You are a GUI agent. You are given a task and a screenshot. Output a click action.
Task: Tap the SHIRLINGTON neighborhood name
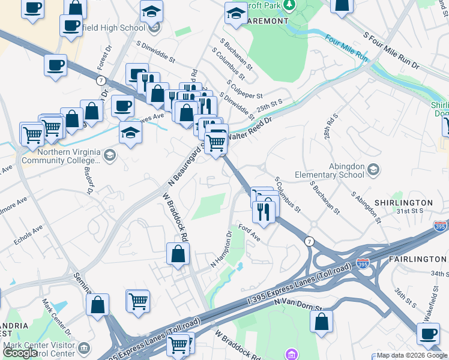pyautogui.click(x=405, y=203)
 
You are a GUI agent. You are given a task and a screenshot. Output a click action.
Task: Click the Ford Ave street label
pyautogui.click(x=249, y=232)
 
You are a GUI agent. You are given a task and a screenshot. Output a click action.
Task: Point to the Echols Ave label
pyautogui.click(x=29, y=236)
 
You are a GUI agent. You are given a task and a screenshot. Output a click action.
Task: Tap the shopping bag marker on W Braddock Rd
pyautogui.click(x=178, y=253)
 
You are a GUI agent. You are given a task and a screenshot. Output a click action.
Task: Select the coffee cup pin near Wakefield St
pyautogui.click(x=429, y=333)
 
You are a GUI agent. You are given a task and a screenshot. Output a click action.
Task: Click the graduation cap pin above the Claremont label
pyautogui.click(x=236, y=13)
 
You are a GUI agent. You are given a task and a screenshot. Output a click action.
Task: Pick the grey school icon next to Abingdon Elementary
pyautogui.click(x=373, y=167)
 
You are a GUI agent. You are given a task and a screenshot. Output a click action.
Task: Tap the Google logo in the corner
pyautogui.click(x=20, y=352)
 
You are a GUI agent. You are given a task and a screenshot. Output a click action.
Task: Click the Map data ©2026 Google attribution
pyautogui.click(x=412, y=355)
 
